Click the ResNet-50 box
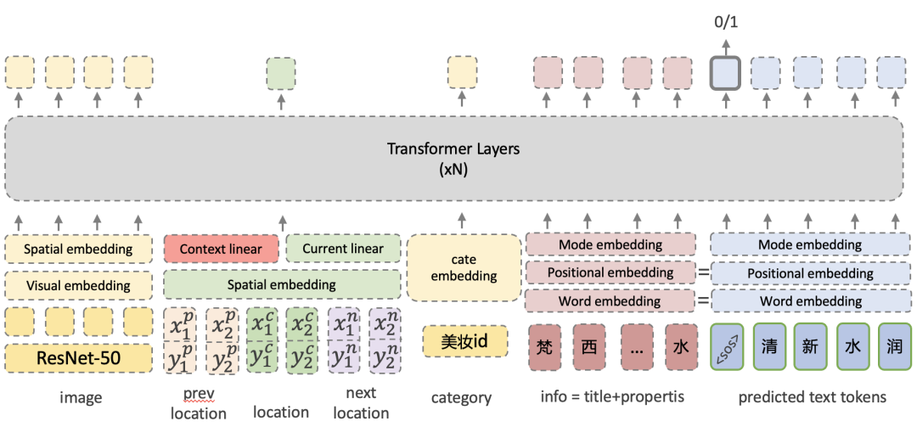coord(78,358)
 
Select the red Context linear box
coord(220,249)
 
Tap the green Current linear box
coord(343,249)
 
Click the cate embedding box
coord(464,267)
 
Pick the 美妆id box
coord(464,342)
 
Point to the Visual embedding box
coord(78,285)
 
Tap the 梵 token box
coord(545,346)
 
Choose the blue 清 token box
coord(769,346)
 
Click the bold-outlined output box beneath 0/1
coord(726,72)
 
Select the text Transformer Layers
coord(453,149)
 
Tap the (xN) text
coord(453,169)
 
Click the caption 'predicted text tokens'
coord(812,396)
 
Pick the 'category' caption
coord(461,397)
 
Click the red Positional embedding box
coord(610,272)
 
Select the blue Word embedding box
coord(811,301)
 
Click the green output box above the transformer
coord(281,73)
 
